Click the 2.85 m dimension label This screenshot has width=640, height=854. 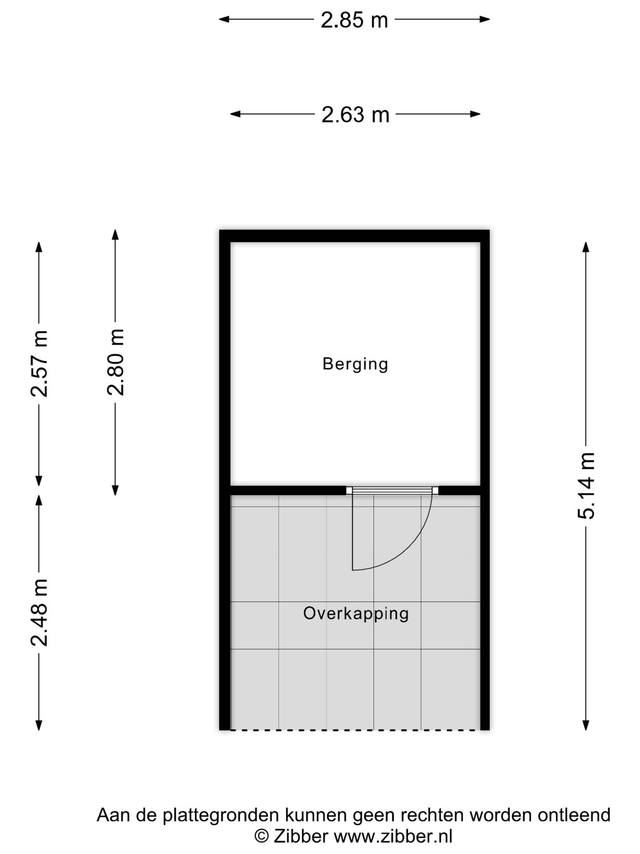click(354, 20)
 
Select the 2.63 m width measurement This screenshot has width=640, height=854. click(355, 115)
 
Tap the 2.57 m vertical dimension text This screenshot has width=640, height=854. click(39, 363)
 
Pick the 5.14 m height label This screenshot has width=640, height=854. click(586, 486)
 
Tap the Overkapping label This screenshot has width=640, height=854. click(356, 614)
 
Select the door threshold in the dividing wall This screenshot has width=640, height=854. click(392, 491)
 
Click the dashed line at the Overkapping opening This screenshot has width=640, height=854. click(353, 730)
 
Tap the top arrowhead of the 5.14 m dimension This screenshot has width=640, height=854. click(586, 248)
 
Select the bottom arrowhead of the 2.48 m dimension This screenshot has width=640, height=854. click(39, 725)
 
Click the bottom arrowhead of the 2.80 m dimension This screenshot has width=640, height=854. click(115, 490)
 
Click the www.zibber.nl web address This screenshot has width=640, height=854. click(393, 836)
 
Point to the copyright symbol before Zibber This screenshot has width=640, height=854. click(262, 836)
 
